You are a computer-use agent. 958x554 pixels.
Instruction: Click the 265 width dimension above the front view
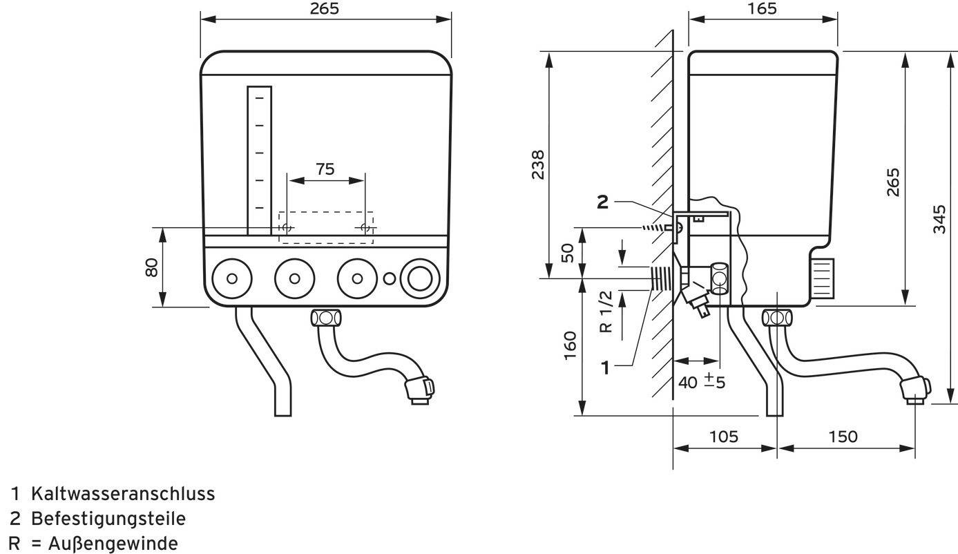point(325,8)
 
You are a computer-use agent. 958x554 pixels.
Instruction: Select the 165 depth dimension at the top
point(762,8)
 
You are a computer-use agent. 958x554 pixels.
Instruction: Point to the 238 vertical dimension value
point(539,164)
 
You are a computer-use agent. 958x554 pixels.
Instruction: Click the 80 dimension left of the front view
point(152,267)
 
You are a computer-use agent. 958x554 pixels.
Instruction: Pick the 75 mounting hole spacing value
point(326,169)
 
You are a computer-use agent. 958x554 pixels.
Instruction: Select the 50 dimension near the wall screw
point(567,252)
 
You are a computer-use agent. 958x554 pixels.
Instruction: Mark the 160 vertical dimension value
point(570,345)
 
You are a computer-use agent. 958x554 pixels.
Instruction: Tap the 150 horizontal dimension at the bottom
point(843,437)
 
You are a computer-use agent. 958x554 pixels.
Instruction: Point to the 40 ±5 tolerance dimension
point(702,381)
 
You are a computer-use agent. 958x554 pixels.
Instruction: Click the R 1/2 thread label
point(606,311)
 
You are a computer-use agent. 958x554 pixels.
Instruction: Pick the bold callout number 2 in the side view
point(603,202)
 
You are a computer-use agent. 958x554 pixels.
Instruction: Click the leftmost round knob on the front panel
point(231,278)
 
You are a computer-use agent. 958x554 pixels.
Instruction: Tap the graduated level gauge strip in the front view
point(260,160)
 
